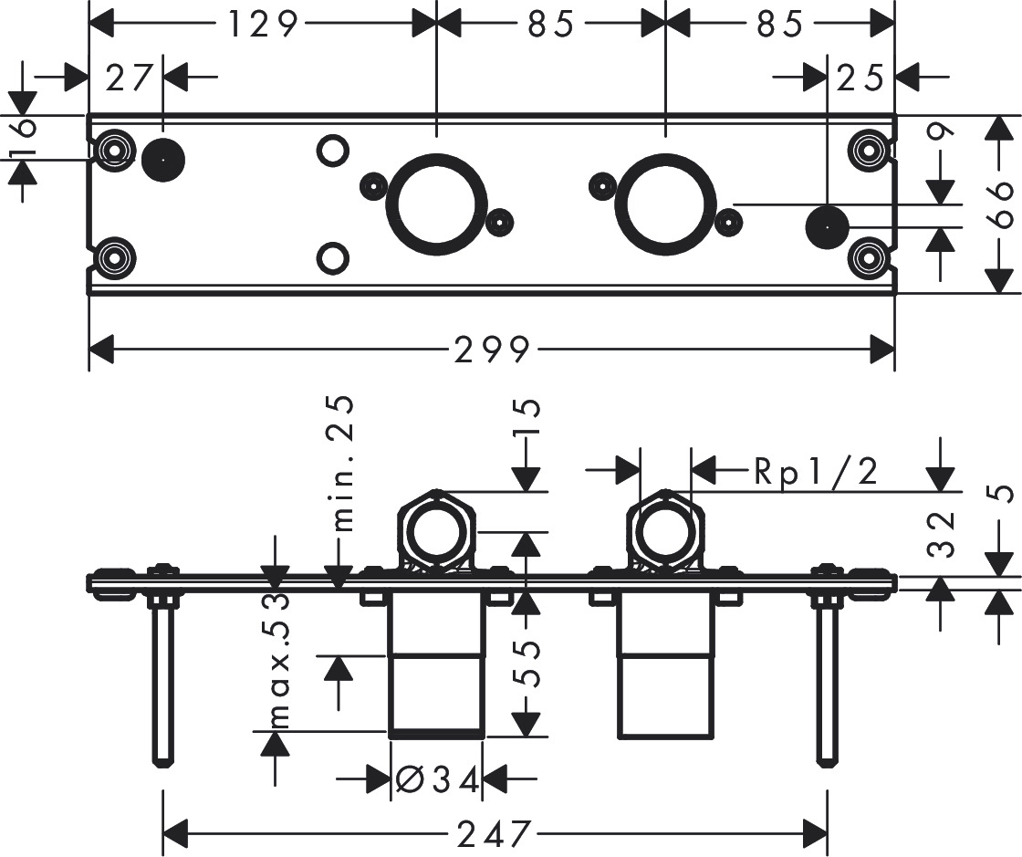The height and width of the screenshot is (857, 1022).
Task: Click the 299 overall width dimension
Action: click(492, 349)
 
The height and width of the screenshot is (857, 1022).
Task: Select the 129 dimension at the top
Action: click(263, 25)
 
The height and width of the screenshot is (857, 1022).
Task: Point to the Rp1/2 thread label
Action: click(816, 472)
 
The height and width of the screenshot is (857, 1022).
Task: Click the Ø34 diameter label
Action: click(437, 779)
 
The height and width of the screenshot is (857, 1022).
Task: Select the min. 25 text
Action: click(342, 463)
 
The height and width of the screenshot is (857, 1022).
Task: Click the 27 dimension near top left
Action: click(127, 78)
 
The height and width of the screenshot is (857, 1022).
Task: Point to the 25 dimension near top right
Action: click(860, 78)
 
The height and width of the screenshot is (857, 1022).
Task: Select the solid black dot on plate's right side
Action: click(828, 225)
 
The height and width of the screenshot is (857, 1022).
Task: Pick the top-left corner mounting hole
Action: click(115, 149)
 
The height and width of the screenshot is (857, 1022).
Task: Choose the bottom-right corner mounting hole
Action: click(867, 258)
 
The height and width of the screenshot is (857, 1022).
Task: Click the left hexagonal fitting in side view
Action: click(437, 532)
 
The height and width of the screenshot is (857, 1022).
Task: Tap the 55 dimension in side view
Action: click(529, 665)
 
